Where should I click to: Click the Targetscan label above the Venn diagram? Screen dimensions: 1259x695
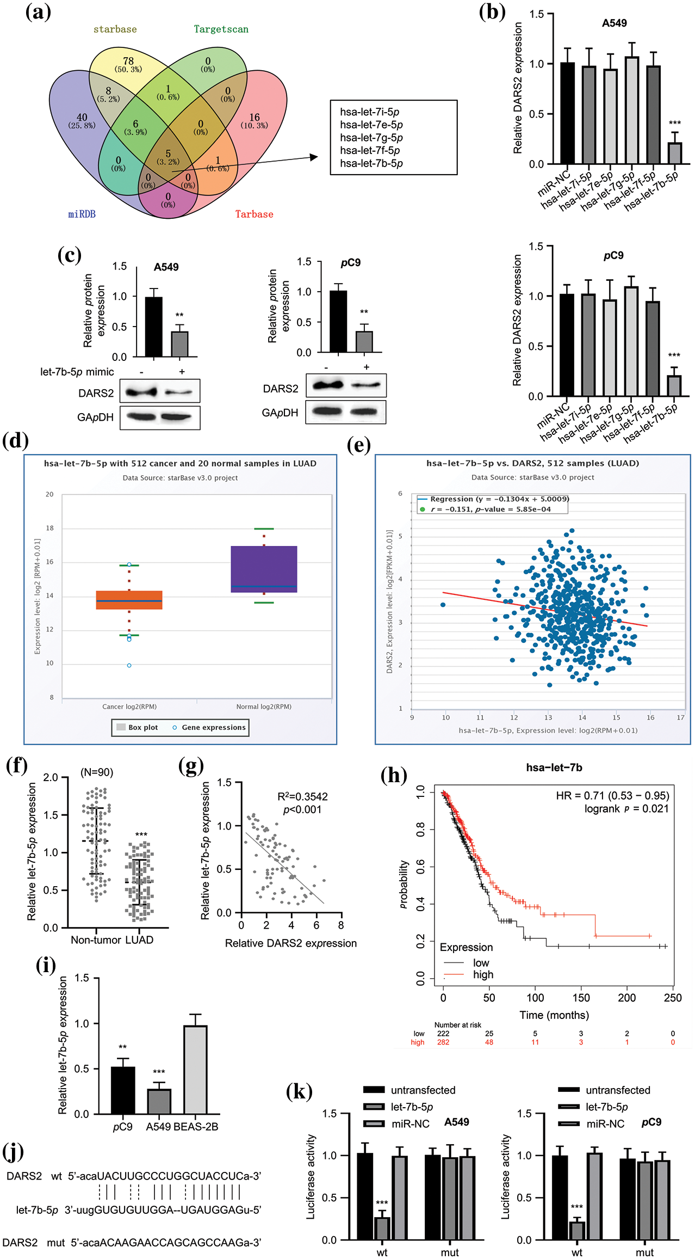click(x=221, y=29)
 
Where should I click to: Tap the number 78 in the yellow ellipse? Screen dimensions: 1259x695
click(x=128, y=61)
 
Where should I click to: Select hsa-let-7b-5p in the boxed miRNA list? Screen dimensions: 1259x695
click(x=371, y=163)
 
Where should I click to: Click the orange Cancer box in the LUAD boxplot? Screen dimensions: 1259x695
click(x=129, y=600)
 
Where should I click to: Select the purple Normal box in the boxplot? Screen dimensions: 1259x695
click(x=264, y=569)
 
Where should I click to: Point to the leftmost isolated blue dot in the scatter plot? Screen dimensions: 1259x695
click(x=443, y=605)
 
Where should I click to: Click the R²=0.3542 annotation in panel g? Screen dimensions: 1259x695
click(x=302, y=796)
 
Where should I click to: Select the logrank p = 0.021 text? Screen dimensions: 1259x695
click(x=626, y=808)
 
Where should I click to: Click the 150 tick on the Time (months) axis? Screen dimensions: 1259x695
click(x=581, y=998)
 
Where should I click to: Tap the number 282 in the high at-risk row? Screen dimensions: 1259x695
click(x=443, y=1042)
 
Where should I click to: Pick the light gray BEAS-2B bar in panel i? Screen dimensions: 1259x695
click(x=195, y=1070)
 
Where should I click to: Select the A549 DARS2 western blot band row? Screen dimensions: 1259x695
click(x=160, y=391)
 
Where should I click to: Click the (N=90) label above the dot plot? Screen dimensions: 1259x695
click(x=97, y=772)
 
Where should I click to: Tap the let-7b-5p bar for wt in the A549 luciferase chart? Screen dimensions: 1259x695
click(x=382, y=1229)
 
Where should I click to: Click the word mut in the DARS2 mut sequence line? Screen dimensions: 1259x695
click(x=55, y=1243)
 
